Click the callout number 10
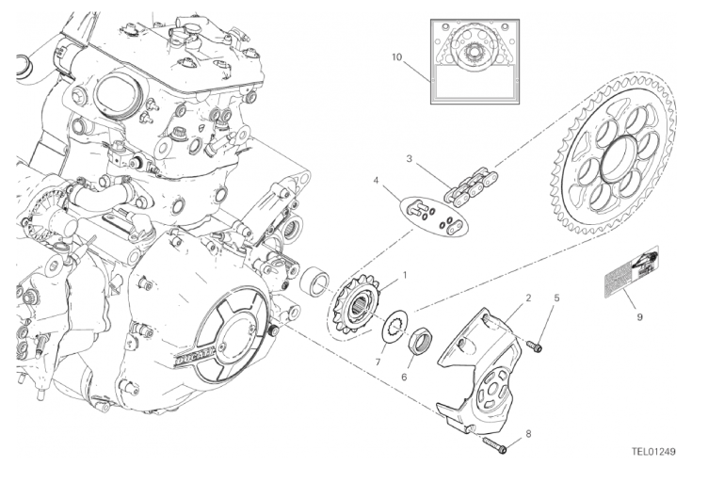tap(397, 57)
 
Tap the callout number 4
tap(376, 181)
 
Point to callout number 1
tap(405, 275)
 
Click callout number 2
tap(528, 298)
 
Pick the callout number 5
tap(556, 298)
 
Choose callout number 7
tap(380, 362)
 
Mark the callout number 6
tap(405, 376)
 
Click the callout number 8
tap(528, 433)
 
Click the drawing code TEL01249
tap(652, 451)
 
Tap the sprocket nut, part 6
tap(419, 339)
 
